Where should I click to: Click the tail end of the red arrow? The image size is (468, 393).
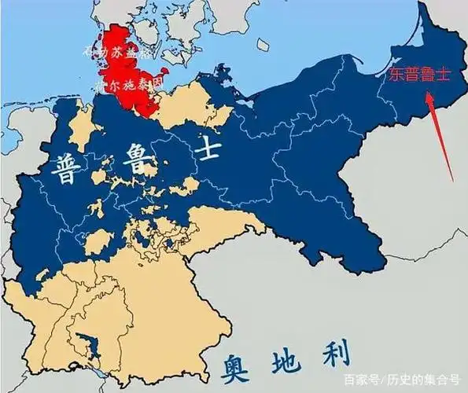click(x=451, y=179)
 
